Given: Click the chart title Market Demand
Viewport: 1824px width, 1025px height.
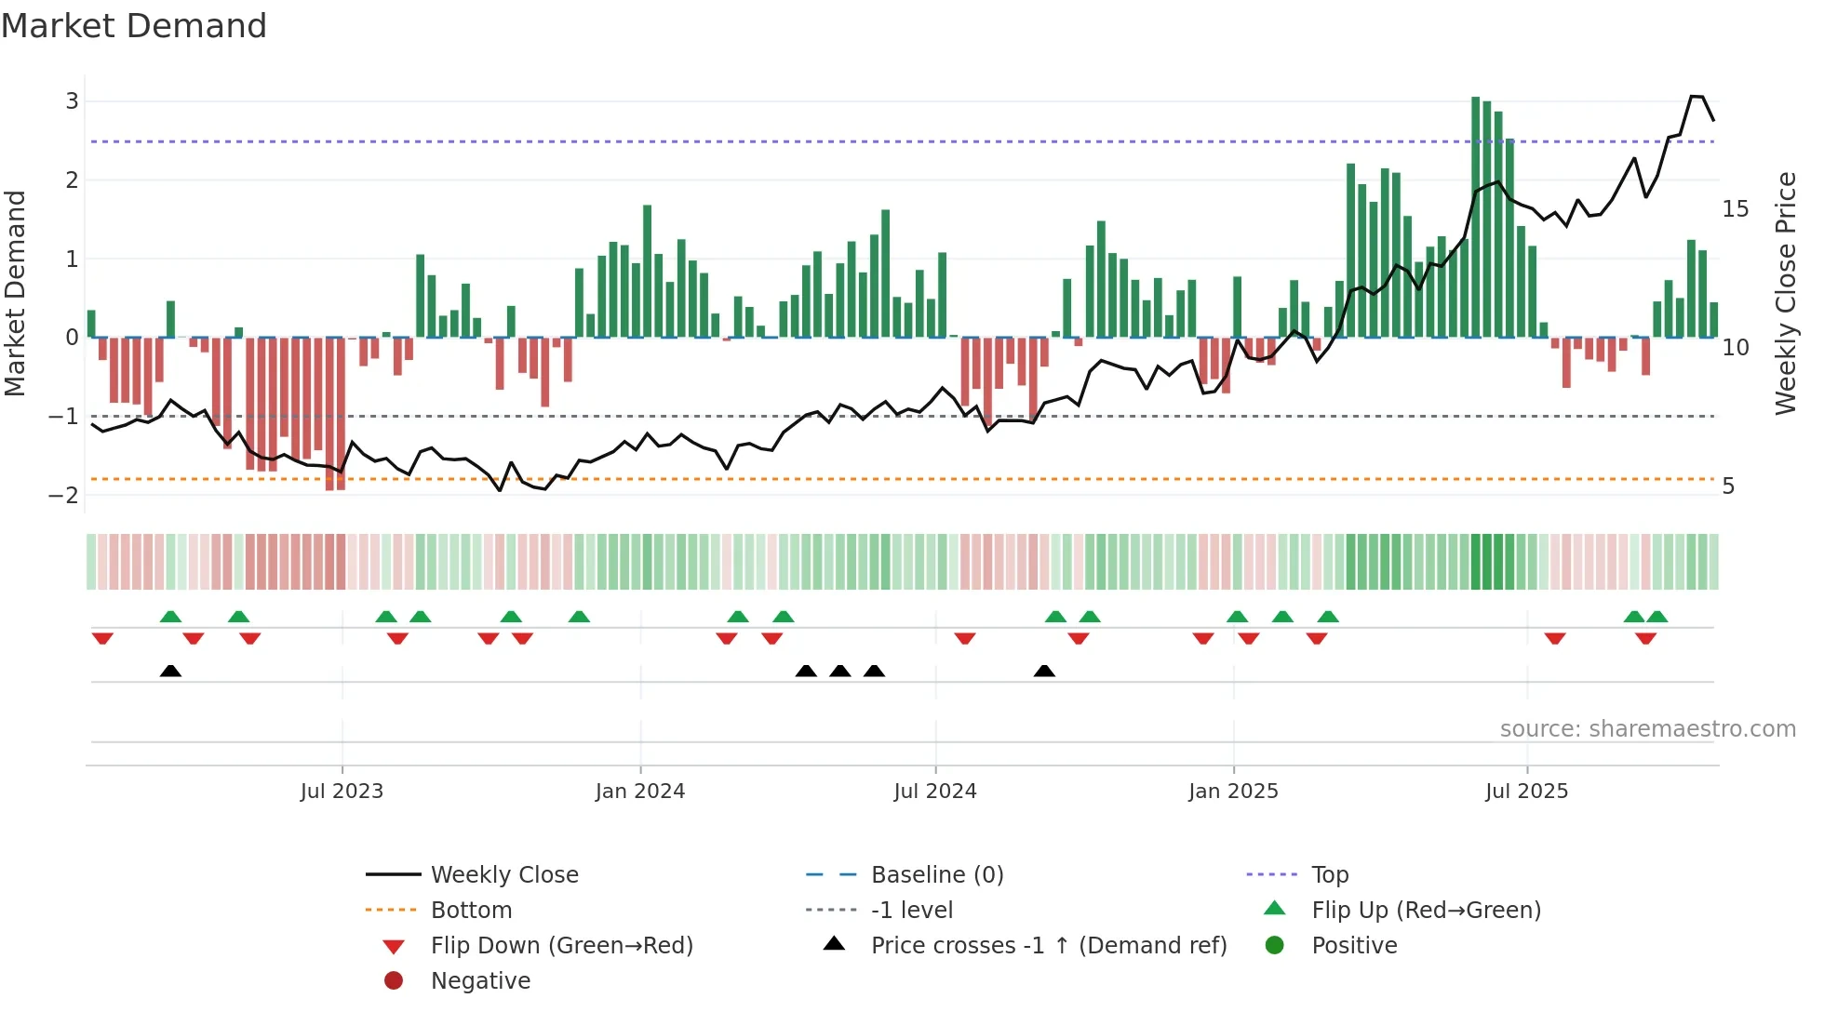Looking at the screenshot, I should click(134, 26).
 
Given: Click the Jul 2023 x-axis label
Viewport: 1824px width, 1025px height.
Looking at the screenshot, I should click(342, 792).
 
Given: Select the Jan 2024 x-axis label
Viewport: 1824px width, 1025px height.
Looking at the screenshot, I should click(640, 792).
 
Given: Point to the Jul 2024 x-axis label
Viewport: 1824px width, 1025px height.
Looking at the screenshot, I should click(935, 792).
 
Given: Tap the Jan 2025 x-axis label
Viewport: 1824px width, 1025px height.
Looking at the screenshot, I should click(1233, 792).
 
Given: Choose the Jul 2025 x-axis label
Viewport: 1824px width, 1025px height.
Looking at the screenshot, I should click(1526, 792).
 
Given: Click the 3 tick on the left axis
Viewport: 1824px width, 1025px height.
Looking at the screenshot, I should click(72, 101).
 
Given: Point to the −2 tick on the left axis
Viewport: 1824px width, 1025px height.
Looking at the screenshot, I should click(64, 495).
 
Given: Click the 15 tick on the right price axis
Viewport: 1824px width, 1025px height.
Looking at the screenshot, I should click(1735, 209).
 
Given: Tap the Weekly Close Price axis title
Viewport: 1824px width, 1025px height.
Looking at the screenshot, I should click(1785, 293).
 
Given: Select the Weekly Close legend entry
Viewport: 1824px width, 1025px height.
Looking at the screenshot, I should click(503, 875).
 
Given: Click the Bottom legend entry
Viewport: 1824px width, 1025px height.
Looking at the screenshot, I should click(471, 911).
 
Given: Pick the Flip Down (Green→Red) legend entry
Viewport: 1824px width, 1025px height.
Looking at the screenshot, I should click(561, 946).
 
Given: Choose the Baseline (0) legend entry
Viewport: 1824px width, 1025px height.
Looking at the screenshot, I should click(936, 875).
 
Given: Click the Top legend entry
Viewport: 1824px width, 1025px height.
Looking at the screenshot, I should click(1329, 875).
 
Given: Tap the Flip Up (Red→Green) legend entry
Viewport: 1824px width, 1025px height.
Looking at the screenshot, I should click(1426, 911).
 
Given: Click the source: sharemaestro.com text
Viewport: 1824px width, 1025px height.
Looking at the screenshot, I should click(1647, 729).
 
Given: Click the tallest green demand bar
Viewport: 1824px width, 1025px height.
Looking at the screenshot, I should click(1476, 217).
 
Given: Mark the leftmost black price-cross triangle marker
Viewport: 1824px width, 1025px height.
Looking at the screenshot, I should click(170, 671).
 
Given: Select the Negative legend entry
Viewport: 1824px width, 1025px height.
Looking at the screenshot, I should click(480, 981).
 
